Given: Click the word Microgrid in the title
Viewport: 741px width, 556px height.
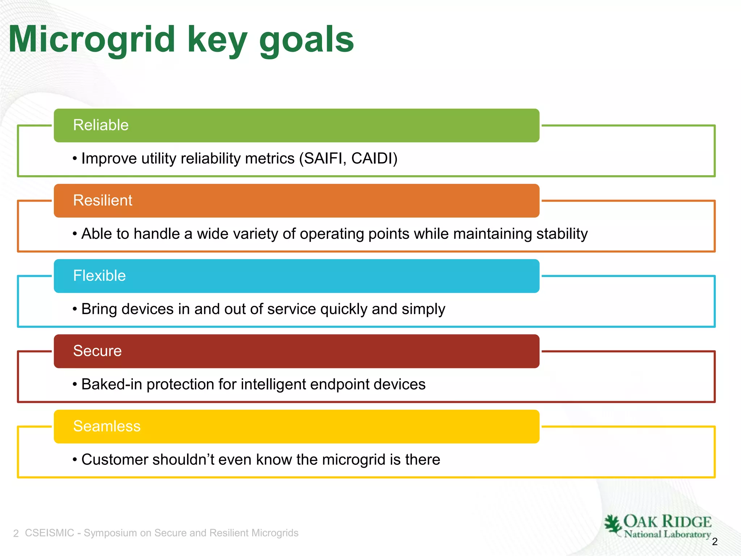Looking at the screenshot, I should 92,40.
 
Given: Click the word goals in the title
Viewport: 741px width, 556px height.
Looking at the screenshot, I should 306,41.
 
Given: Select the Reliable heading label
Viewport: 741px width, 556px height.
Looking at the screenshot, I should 101,125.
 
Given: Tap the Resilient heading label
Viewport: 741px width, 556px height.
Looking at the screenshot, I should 103,201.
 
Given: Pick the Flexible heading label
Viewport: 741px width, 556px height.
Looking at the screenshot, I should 99,276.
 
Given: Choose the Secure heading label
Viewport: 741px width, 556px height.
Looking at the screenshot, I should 97,351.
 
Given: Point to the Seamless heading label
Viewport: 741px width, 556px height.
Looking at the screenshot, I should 107,426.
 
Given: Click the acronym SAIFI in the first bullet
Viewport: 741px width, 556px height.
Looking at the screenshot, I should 324,159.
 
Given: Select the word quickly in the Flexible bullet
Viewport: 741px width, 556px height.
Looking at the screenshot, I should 344,309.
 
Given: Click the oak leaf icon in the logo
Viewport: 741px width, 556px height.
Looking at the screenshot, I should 613,525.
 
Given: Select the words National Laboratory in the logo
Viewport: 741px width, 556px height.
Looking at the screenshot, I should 667,534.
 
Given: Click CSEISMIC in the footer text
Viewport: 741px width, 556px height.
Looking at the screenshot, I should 50,533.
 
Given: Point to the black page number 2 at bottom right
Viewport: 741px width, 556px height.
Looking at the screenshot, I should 715,542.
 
